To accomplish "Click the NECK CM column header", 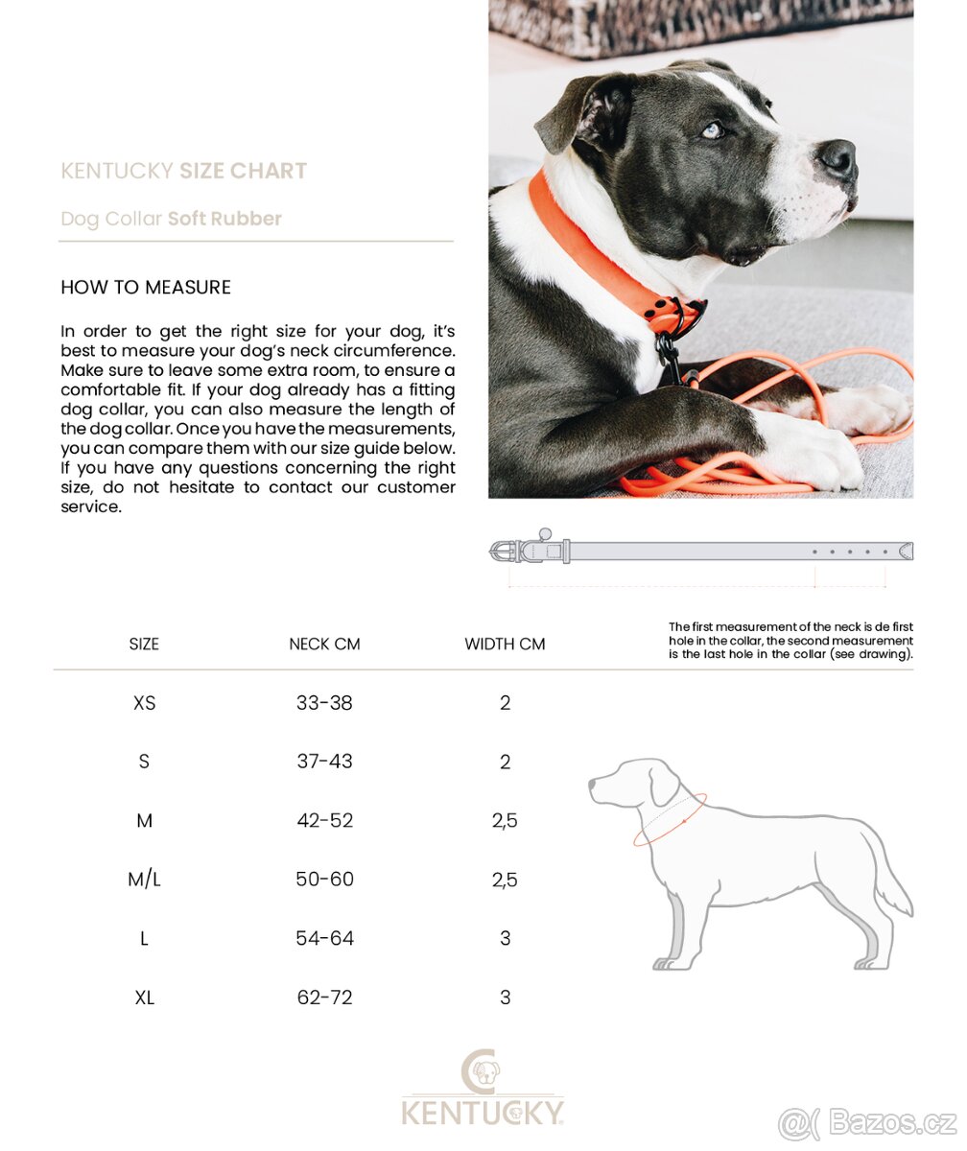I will [324, 644].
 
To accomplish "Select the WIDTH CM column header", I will [505, 644].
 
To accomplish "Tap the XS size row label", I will [144, 703].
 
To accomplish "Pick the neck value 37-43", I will [324, 762].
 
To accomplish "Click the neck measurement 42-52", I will [324, 821].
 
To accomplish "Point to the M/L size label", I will [144, 880].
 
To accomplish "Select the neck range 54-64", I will [324, 938].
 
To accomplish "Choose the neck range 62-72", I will [324, 998].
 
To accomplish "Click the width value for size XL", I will [505, 998].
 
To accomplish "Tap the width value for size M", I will [505, 821].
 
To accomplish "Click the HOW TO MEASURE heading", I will [146, 287].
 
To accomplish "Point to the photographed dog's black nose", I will [837, 155].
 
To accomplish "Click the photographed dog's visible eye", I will [711, 130].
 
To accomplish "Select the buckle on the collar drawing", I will [506, 551].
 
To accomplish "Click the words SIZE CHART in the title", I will [243, 171].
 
